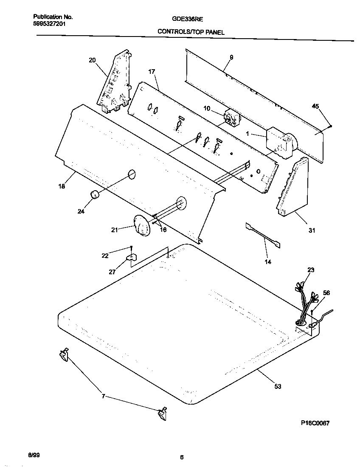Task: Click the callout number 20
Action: pos(93,60)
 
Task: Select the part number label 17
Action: pos(152,72)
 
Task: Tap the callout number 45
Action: pos(315,106)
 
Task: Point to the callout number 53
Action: pos(277,386)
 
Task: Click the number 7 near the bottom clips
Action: pos(103,397)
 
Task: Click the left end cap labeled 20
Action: pos(115,83)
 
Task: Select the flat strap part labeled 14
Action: pos(263,235)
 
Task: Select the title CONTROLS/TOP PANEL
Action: pos(191,32)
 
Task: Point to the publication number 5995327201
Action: pos(49,24)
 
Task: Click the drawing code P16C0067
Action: pos(315,423)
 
